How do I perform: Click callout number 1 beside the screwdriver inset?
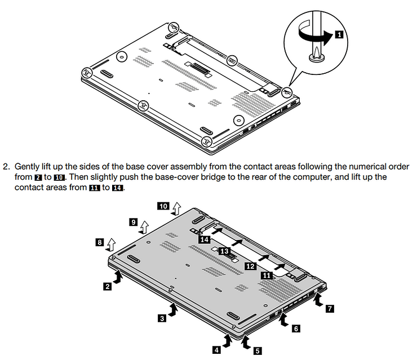[338, 34]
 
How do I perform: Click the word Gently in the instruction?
[27, 167]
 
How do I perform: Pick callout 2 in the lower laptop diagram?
[107, 286]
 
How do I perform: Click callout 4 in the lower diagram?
[216, 350]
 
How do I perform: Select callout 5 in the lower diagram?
[257, 350]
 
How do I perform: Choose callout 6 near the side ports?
[296, 328]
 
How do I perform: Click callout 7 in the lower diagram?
[330, 308]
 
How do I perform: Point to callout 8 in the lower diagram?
[99, 242]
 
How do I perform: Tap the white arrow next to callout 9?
[144, 226]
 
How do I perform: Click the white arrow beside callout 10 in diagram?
[177, 209]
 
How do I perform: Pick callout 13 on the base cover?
[224, 251]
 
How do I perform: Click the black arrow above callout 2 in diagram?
[119, 275]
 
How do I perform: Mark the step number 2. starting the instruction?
[6, 167]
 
